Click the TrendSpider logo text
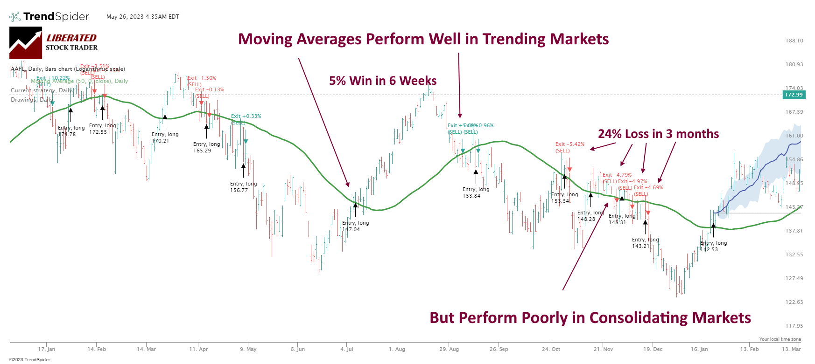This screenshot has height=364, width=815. [56, 17]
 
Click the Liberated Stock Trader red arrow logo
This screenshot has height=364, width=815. [26, 43]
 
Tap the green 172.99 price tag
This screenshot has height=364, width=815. [794, 95]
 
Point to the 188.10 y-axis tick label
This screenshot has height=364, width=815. [794, 41]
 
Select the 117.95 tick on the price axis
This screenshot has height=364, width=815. [794, 326]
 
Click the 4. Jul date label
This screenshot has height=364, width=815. [346, 349]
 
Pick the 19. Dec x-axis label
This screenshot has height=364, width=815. [653, 349]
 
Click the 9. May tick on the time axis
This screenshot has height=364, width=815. [248, 349]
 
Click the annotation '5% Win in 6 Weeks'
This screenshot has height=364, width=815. [383, 81]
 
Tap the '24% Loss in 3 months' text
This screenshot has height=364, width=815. [658, 134]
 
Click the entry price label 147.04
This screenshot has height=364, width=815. [351, 229]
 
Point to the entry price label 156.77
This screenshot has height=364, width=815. [239, 190]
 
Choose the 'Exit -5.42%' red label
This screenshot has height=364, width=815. [569, 144]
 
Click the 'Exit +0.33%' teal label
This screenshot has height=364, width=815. [246, 116]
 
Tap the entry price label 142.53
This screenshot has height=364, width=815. [709, 249]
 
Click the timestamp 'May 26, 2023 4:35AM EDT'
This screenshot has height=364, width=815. [142, 17]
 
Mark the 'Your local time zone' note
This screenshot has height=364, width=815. [780, 339]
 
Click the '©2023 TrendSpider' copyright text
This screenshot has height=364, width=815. [29, 359]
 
